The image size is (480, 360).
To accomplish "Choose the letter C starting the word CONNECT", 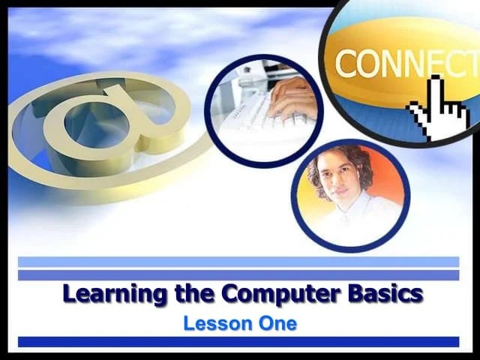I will pos(346,64).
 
